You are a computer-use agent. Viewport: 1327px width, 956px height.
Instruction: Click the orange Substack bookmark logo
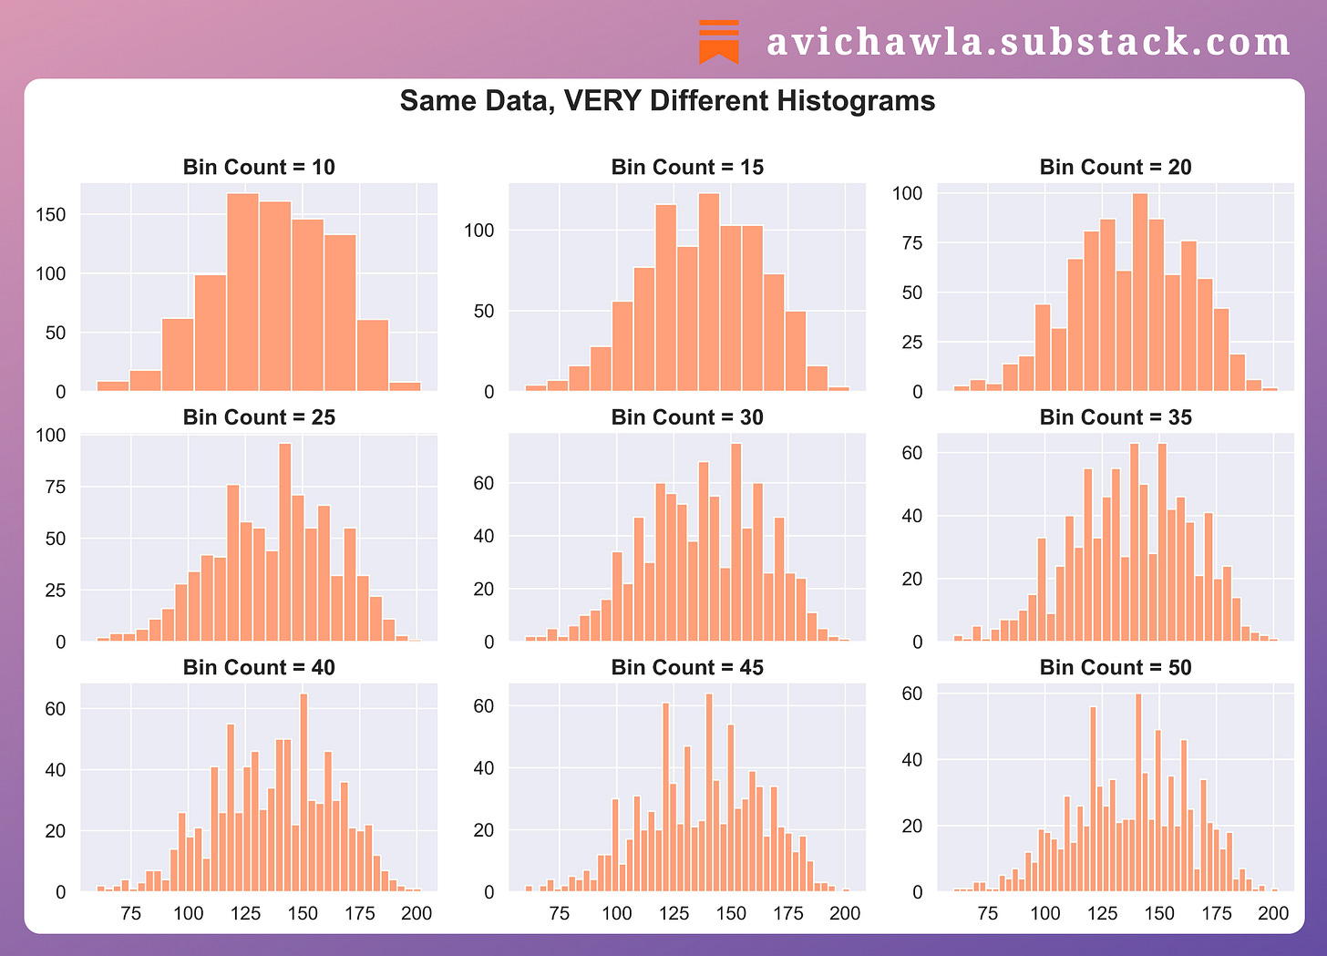click(719, 42)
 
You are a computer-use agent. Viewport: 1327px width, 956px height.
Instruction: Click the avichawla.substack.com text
click(1028, 43)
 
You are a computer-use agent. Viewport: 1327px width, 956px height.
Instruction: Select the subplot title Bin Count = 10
click(259, 167)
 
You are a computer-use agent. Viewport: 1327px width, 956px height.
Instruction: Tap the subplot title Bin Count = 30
click(687, 417)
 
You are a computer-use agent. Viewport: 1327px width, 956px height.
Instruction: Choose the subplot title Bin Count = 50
click(1116, 667)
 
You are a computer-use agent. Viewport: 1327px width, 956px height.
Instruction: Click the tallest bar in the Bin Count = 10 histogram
click(242, 292)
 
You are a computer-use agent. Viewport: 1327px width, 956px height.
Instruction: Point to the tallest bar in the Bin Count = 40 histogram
click(303, 793)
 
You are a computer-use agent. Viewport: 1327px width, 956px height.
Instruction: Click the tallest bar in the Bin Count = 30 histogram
click(736, 542)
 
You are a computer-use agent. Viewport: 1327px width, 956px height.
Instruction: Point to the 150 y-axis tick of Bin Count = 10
click(55, 215)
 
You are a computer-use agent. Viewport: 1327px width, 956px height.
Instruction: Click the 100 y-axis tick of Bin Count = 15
click(478, 231)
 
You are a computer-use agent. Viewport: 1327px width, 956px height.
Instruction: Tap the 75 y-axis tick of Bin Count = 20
click(911, 243)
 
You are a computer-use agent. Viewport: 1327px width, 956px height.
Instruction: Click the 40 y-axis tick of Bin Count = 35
click(911, 517)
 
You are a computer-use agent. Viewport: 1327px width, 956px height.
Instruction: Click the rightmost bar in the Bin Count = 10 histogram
click(405, 386)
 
